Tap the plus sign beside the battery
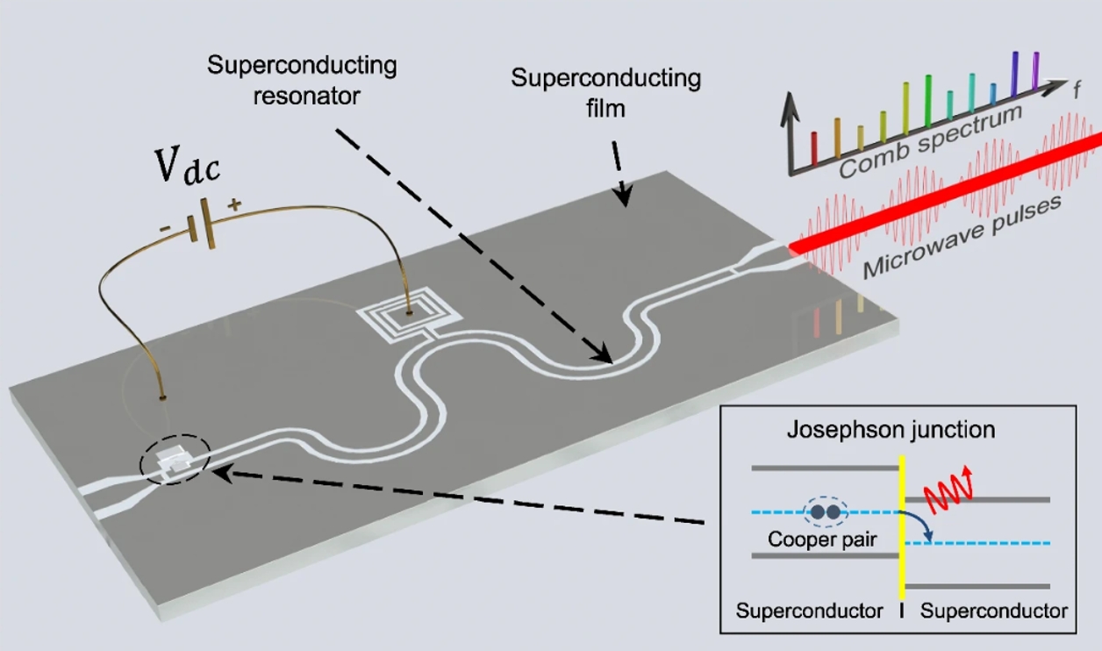(x=234, y=204)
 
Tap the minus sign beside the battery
(x=165, y=228)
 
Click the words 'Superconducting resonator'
(x=302, y=80)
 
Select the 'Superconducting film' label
(x=605, y=93)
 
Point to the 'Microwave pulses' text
(x=962, y=236)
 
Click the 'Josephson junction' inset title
(x=891, y=430)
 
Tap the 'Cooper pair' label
(x=822, y=540)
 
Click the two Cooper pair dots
(x=826, y=511)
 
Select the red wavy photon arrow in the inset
(x=948, y=490)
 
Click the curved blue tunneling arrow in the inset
(x=919, y=525)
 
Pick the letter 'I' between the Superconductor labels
(x=901, y=611)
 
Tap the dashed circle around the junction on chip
(x=175, y=459)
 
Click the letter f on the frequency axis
(x=1077, y=90)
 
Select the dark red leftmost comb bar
(x=814, y=148)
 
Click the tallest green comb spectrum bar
(x=928, y=100)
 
